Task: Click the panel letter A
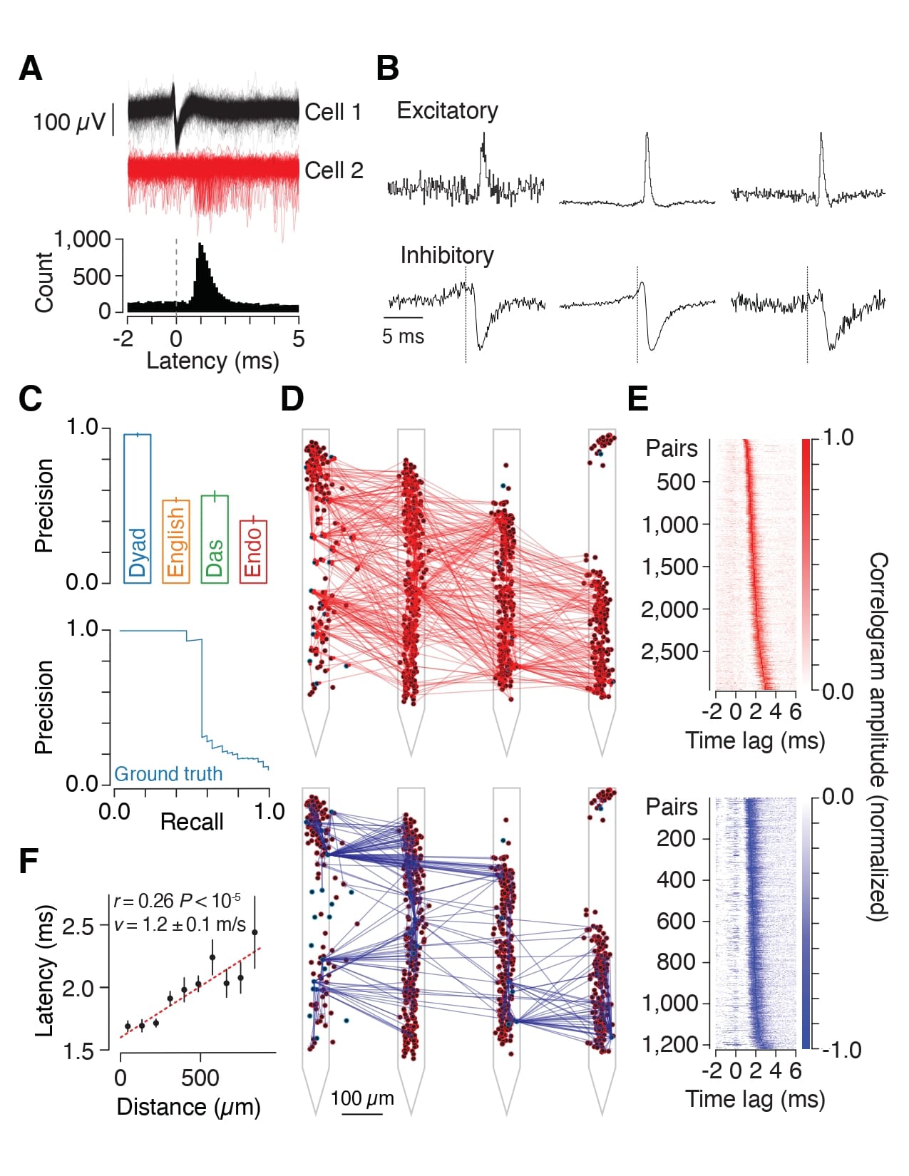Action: (x=31, y=68)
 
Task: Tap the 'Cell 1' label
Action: (x=333, y=112)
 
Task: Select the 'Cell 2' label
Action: (x=334, y=170)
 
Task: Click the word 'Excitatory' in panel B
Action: (x=447, y=110)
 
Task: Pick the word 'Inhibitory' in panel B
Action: (x=446, y=255)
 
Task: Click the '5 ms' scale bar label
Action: (x=403, y=336)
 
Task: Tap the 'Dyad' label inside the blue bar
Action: (x=137, y=552)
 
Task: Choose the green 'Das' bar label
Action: (x=215, y=557)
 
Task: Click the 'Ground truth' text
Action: (x=168, y=774)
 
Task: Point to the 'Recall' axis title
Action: (x=192, y=822)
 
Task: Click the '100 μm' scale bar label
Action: (x=362, y=1098)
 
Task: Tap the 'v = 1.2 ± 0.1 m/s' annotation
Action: (x=180, y=924)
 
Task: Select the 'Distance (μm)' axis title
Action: (x=188, y=1107)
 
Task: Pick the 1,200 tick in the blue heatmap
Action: (x=672, y=1045)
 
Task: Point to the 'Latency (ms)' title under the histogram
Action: (x=212, y=361)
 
